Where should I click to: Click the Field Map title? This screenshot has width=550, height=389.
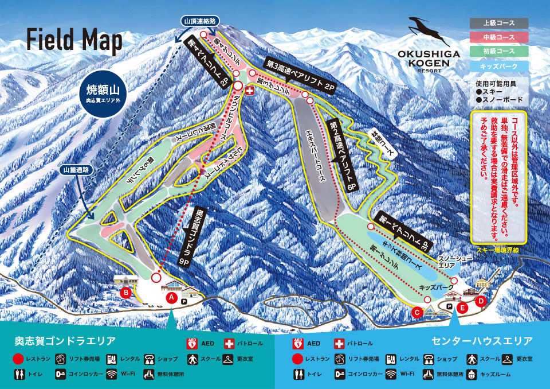74,41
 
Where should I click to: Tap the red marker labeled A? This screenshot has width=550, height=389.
170,297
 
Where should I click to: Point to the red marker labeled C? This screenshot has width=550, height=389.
417,312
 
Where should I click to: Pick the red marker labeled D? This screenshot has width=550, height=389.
481,300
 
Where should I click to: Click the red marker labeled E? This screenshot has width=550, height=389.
462,308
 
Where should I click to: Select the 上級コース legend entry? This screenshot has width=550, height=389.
499,24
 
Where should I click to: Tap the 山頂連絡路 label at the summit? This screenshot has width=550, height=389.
199,21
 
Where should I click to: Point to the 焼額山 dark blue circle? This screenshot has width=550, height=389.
105,94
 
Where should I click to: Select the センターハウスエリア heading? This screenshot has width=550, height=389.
481,341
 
